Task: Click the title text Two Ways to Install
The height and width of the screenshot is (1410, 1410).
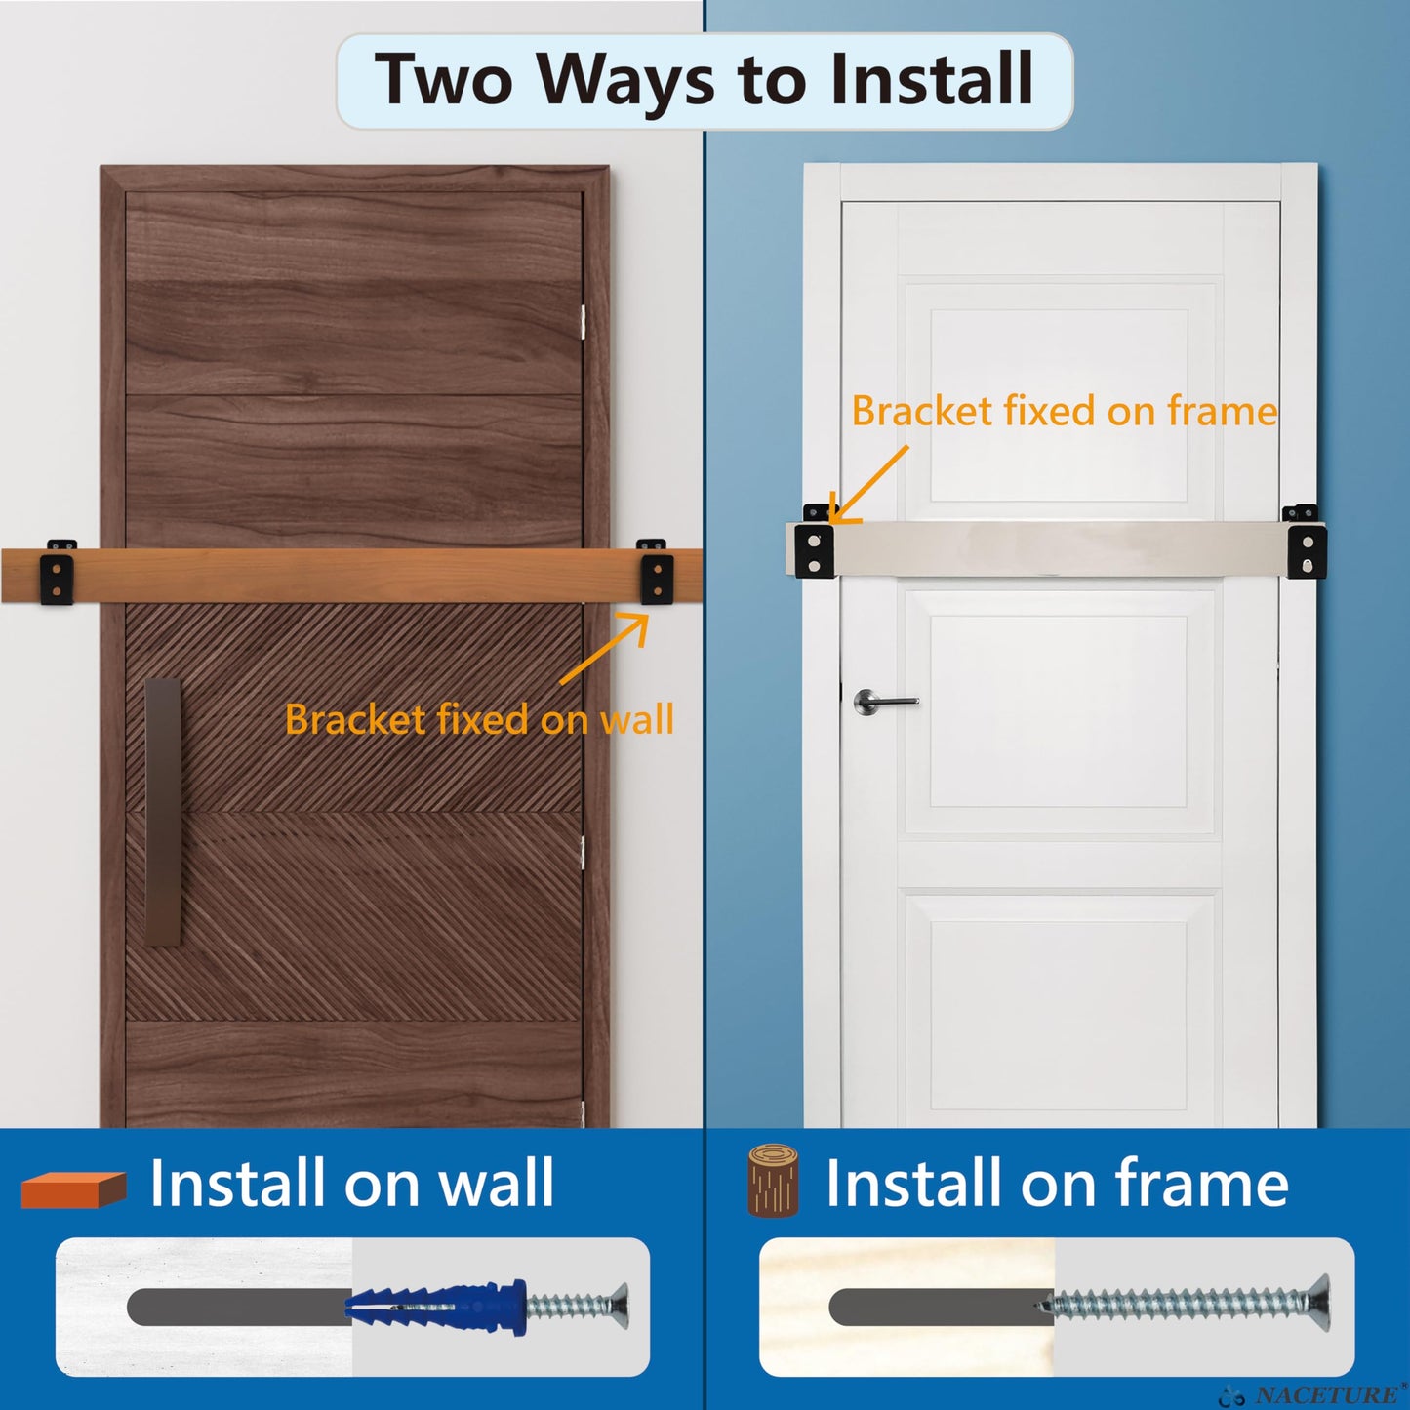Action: point(705,80)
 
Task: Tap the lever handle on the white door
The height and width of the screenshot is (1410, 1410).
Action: point(883,701)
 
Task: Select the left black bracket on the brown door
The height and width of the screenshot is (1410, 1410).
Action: point(58,573)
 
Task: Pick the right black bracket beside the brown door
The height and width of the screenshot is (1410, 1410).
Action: point(656,572)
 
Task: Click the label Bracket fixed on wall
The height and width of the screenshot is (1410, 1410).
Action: point(479,720)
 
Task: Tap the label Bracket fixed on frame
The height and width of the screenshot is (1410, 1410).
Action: point(1064,411)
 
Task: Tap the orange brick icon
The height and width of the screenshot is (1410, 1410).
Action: point(74,1188)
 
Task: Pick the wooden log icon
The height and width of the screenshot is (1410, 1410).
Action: point(773,1181)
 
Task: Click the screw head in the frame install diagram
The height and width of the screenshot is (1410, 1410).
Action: point(1317,1303)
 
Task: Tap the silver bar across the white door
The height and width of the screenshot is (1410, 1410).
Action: point(1059,549)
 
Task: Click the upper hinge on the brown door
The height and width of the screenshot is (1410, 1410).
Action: point(583,322)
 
